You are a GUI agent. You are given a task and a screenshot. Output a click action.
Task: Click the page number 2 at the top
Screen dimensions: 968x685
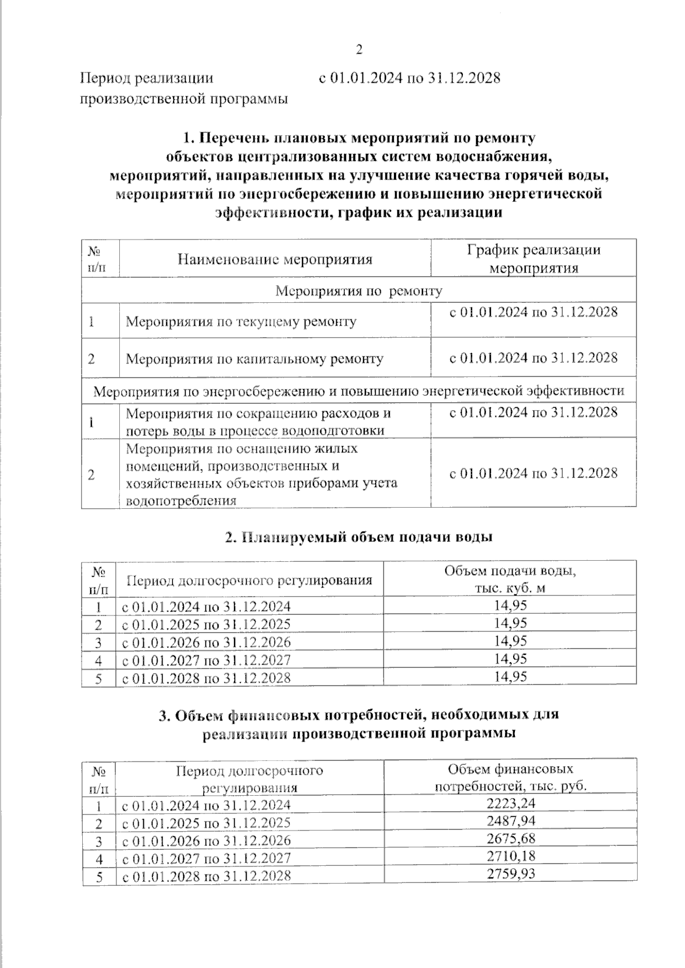(x=359, y=50)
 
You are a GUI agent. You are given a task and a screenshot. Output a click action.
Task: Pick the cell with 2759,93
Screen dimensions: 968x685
(x=510, y=873)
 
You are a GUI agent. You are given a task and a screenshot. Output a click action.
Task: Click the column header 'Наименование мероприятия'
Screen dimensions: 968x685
(x=275, y=260)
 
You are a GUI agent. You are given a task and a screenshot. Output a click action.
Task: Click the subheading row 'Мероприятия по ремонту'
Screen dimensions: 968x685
(x=358, y=291)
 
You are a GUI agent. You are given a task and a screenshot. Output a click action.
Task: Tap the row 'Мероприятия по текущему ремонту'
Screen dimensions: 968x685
(x=241, y=322)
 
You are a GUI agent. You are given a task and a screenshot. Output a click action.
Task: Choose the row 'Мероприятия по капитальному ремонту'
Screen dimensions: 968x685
(x=254, y=359)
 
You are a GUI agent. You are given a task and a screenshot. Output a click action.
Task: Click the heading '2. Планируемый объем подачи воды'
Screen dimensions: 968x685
(x=358, y=537)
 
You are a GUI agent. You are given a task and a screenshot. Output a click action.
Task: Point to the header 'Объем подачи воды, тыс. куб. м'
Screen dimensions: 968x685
(x=510, y=579)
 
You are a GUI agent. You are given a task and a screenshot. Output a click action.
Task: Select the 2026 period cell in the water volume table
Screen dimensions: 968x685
(x=206, y=642)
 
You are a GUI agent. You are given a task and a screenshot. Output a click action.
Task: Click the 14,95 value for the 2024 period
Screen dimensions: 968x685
(x=510, y=605)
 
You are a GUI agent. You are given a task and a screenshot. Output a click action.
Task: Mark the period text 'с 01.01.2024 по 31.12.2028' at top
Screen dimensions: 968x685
(x=409, y=78)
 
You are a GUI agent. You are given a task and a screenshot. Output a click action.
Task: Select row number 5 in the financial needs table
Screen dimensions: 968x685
(x=99, y=876)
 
